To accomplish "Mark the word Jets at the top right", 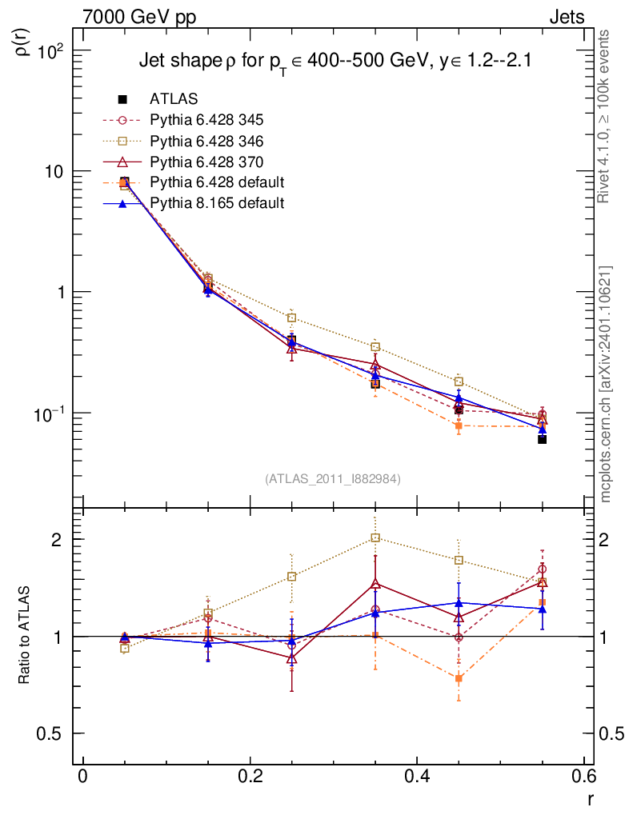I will [566, 17].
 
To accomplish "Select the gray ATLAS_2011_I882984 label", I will [333, 478].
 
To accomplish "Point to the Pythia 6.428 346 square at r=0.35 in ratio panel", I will [375, 537].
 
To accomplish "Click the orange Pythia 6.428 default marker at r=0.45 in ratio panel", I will [459, 678].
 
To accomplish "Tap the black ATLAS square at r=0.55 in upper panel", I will [542, 439].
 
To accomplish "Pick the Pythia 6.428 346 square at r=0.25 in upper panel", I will [292, 318].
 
